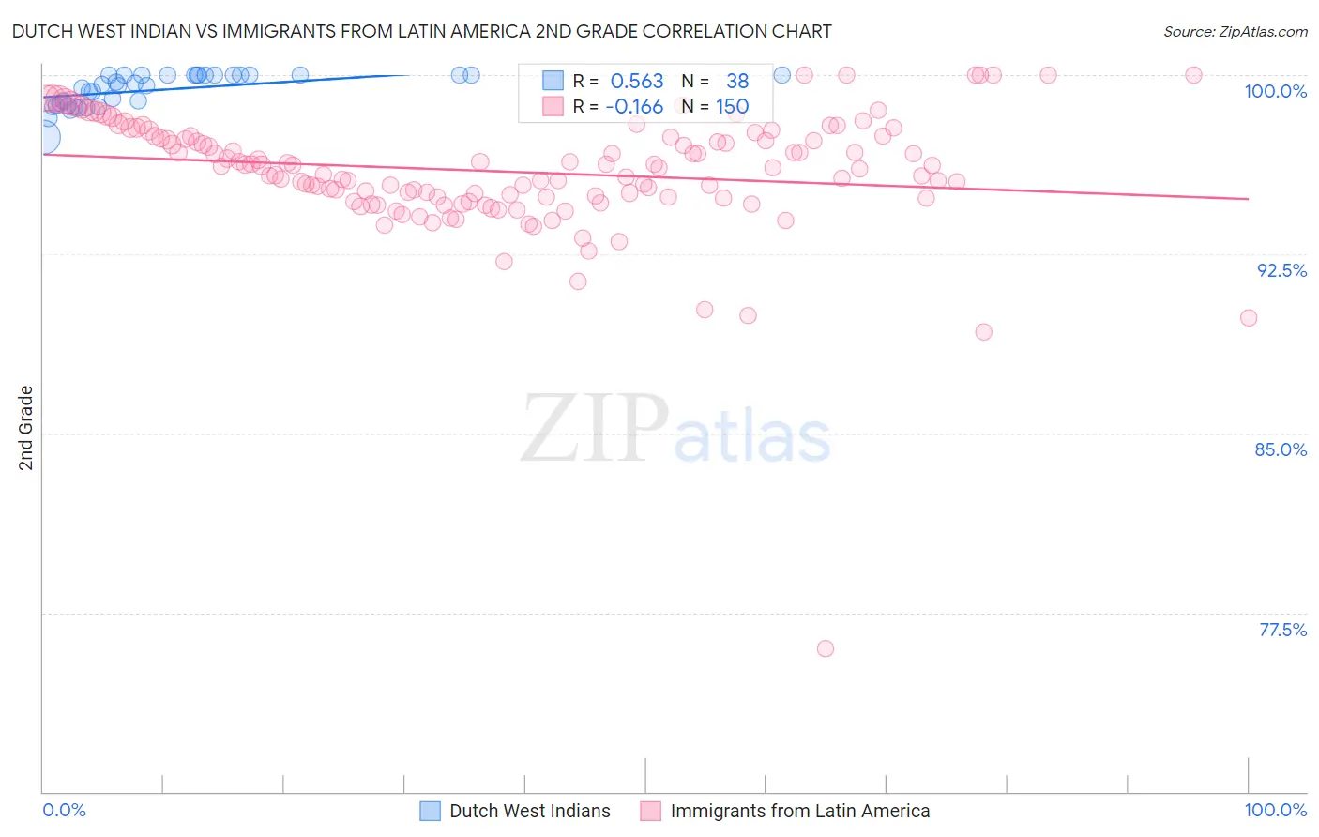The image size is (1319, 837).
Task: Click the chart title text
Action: click(x=421, y=31)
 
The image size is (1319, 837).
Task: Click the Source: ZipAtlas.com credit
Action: click(x=1235, y=31)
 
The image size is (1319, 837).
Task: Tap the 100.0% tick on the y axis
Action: click(x=1275, y=91)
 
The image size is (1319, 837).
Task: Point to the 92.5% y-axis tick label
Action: click(x=1281, y=270)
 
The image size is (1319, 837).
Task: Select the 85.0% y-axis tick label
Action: click(x=1281, y=449)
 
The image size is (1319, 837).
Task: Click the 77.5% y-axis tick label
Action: click(x=1282, y=630)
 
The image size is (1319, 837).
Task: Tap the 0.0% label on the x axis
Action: click(x=64, y=810)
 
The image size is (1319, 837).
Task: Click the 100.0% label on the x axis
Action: click(x=1275, y=810)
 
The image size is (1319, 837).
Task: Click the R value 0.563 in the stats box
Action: click(x=637, y=82)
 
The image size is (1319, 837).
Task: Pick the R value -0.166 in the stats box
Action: click(x=634, y=107)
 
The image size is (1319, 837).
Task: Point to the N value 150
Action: click(x=732, y=107)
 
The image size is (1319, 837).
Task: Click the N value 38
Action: click(x=737, y=82)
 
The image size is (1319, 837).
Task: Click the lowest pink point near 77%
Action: click(x=826, y=648)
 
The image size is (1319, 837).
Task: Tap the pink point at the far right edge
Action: click(x=1249, y=318)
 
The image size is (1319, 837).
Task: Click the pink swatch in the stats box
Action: click(x=553, y=106)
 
